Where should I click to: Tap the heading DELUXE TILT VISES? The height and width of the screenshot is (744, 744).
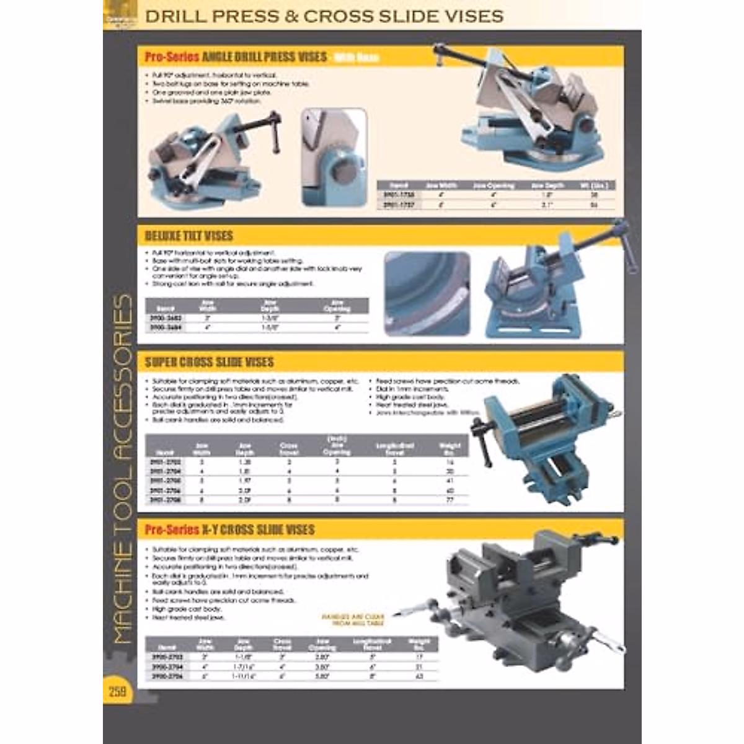tap(189, 236)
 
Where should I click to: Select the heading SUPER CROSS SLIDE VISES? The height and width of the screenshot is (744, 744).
tap(209, 362)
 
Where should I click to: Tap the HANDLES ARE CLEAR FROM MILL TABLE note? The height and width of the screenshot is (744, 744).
tap(353, 620)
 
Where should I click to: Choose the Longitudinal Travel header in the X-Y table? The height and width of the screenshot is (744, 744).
tap(371, 644)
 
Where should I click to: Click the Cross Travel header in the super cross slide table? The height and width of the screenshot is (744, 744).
tap(289, 449)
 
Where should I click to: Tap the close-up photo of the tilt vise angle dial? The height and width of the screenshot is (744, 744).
tap(427, 293)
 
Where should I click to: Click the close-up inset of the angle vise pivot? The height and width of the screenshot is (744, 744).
tap(334, 157)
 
